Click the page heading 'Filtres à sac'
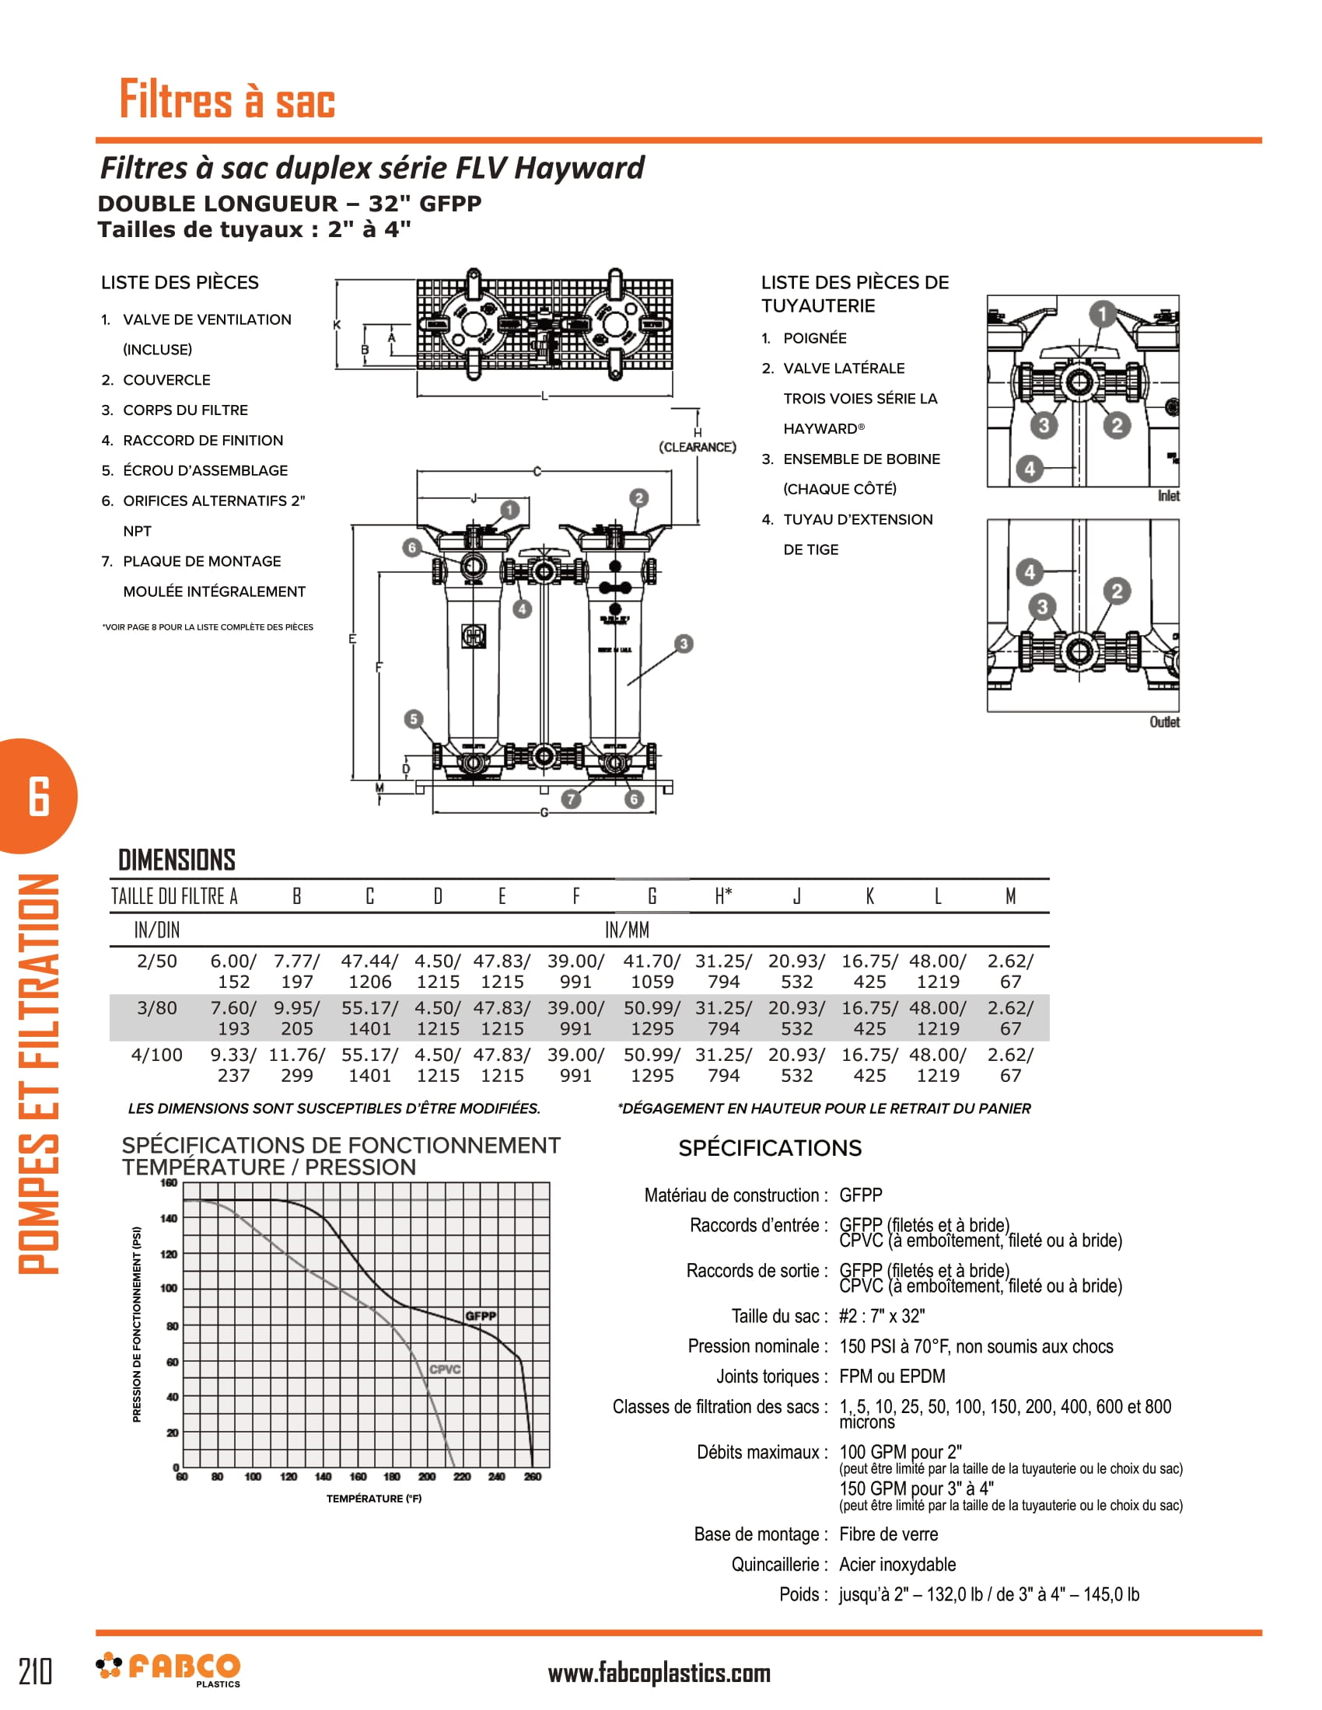227,99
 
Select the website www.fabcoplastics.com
659,1673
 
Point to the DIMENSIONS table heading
177,860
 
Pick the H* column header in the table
723,895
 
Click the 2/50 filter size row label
156,961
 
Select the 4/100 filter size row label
156,1055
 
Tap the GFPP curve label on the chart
480,1315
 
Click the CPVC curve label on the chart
445,1369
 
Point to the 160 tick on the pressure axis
169,1182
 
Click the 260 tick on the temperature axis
533,1477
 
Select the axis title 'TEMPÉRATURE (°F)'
373,1499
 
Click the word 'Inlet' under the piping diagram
1168,496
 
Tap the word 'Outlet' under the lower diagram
1164,722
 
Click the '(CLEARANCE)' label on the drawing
697,447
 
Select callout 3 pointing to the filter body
684,644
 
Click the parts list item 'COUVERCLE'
166,380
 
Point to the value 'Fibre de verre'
888,1534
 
